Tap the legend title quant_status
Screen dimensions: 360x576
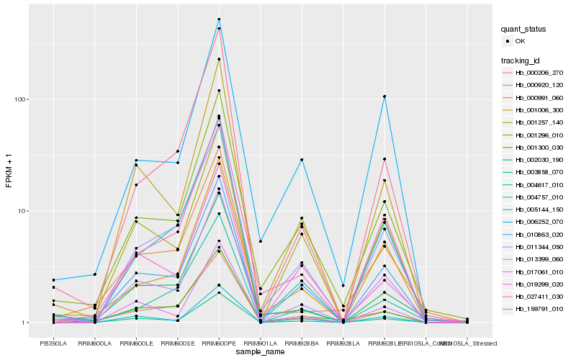tap(523, 29)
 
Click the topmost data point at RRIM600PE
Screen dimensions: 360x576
tap(219, 19)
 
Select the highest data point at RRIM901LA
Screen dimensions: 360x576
tap(260, 241)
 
